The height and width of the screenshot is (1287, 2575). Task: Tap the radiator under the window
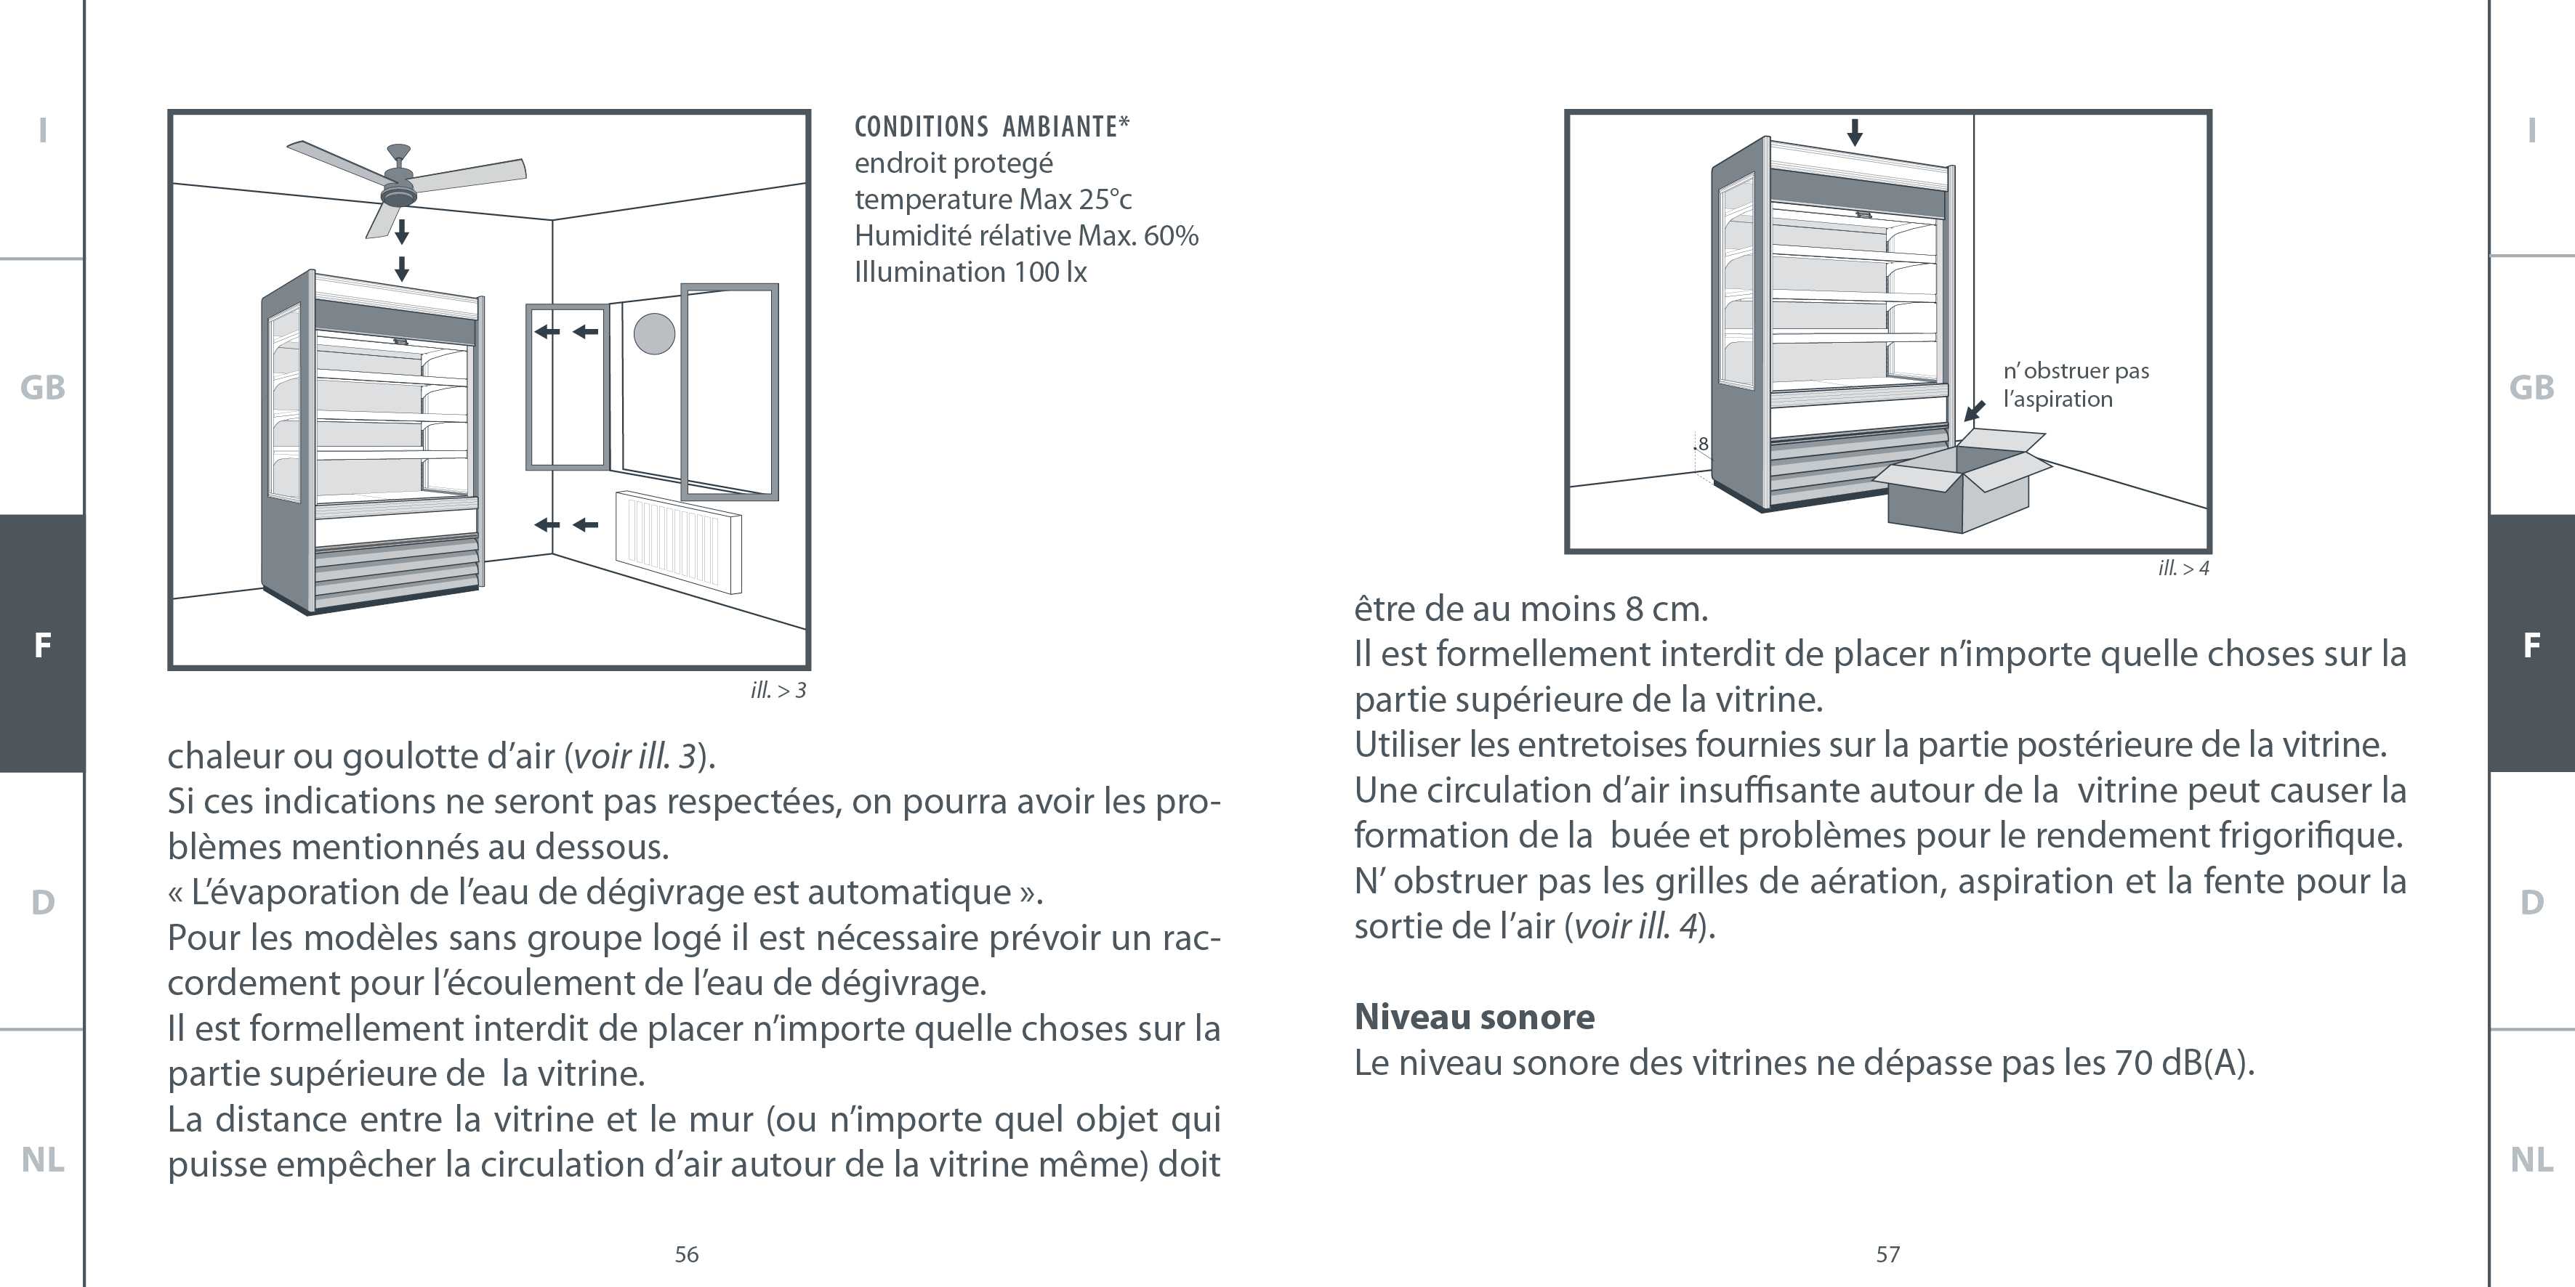(x=678, y=540)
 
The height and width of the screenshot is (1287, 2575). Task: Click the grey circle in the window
(x=655, y=333)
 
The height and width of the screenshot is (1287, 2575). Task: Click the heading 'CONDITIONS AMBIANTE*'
(x=991, y=127)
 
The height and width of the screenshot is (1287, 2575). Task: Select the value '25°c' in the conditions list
(x=1105, y=200)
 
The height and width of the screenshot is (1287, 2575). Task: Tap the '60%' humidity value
(x=1171, y=236)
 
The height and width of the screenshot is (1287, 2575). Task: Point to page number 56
(x=687, y=1254)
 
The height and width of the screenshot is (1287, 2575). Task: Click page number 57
(x=1887, y=1254)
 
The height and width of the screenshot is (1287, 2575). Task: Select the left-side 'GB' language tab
(x=42, y=388)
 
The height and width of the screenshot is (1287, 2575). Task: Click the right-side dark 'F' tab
(x=2531, y=644)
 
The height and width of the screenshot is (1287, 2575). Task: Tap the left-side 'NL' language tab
(x=42, y=1160)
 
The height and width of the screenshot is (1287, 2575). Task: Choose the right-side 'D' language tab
(x=2531, y=902)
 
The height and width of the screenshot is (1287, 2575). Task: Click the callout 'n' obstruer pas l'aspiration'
(x=2075, y=385)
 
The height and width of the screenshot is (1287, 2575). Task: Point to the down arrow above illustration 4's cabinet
(x=1854, y=132)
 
